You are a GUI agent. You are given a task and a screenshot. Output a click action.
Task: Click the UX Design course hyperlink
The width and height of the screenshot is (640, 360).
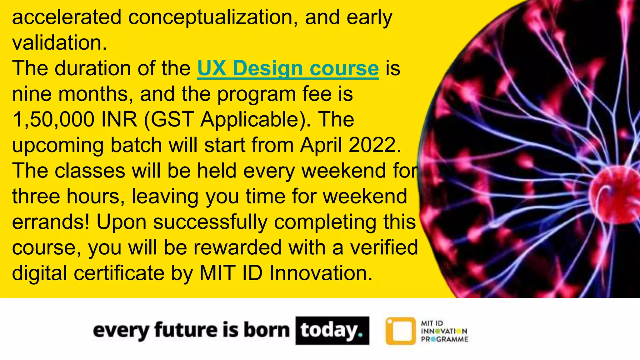(288, 68)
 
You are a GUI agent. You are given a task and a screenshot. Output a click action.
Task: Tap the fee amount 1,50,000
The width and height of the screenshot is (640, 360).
(53, 119)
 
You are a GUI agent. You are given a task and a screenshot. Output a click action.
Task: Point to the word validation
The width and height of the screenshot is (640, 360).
(59, 42)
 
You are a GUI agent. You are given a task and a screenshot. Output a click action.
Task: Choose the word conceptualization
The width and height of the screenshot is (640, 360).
(212, 17)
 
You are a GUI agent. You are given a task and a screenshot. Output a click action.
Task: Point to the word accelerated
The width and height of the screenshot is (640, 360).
(67, 17)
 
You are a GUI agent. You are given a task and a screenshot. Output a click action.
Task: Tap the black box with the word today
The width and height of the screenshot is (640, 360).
(332, 331)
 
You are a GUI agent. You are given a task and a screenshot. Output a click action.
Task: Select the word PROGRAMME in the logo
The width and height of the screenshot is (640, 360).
(444, 339)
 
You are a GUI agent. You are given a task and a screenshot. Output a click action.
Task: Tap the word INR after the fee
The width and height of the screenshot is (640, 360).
(119, 119)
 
